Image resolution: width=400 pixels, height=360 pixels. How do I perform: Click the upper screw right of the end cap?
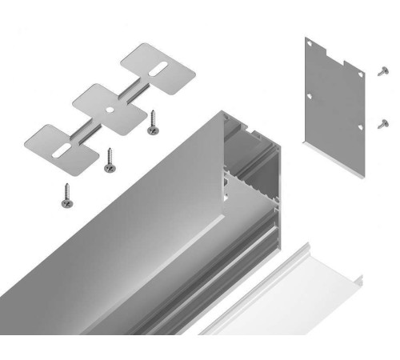pyautogui.click(x=382, y=71)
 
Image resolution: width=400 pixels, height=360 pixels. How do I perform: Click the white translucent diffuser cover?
pyautogui.click(x=288, y=296)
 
